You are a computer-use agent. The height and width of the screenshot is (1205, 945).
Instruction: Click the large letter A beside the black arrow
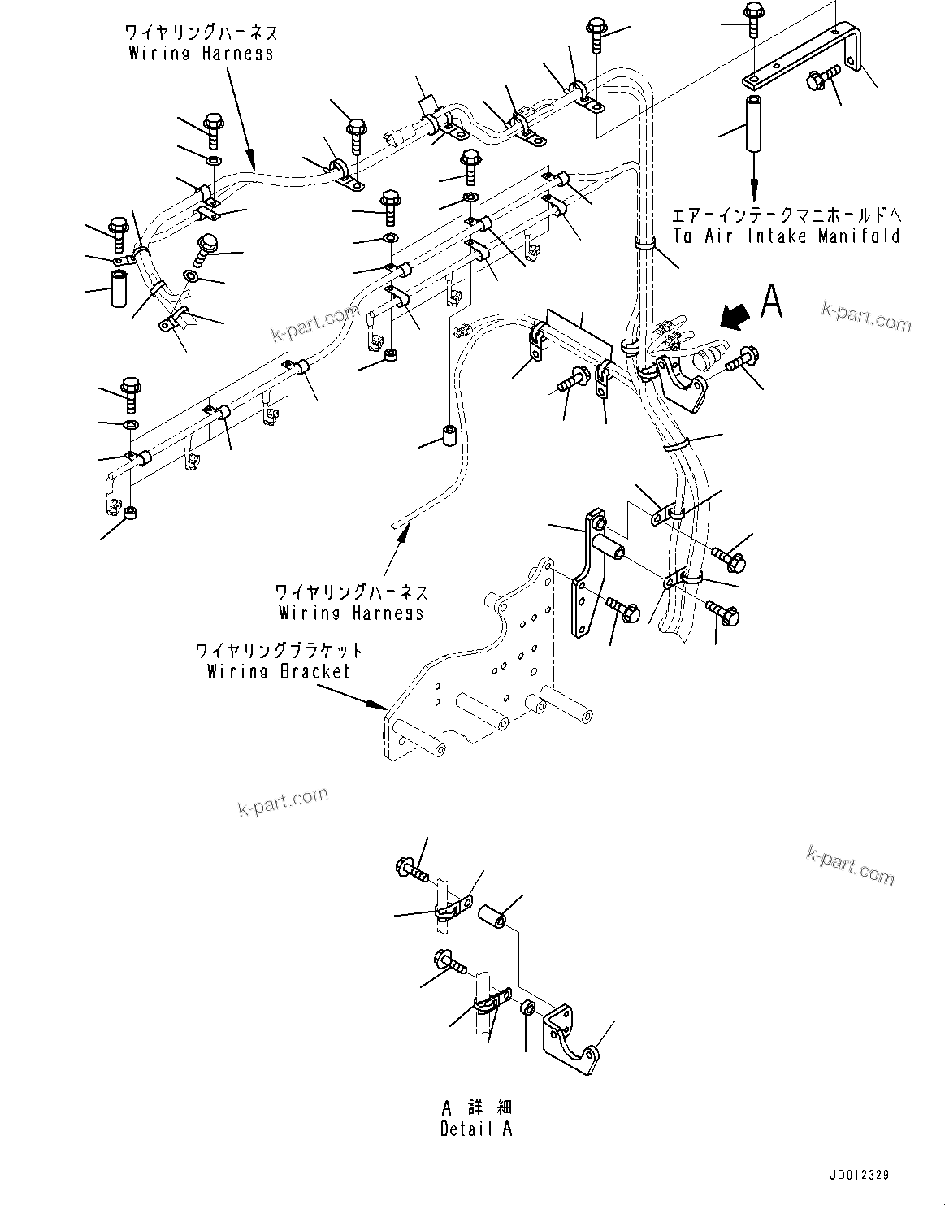pyautogui.click(x=772, y=301)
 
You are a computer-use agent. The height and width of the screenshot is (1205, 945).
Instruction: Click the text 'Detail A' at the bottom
pyautogui.click(x=476, y=1129)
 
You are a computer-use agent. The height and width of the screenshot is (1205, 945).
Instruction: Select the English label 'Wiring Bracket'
pyautogui.click(x=278, y=671)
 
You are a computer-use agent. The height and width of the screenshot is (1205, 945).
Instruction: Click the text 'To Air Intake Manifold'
pyautogui.click(x=786, y=236)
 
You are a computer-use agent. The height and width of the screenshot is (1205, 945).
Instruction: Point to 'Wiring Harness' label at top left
pyautogui.click(x=202, y=53)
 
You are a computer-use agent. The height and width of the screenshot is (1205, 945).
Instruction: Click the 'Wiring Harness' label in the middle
pyautogui.click(x=351, y=613)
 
